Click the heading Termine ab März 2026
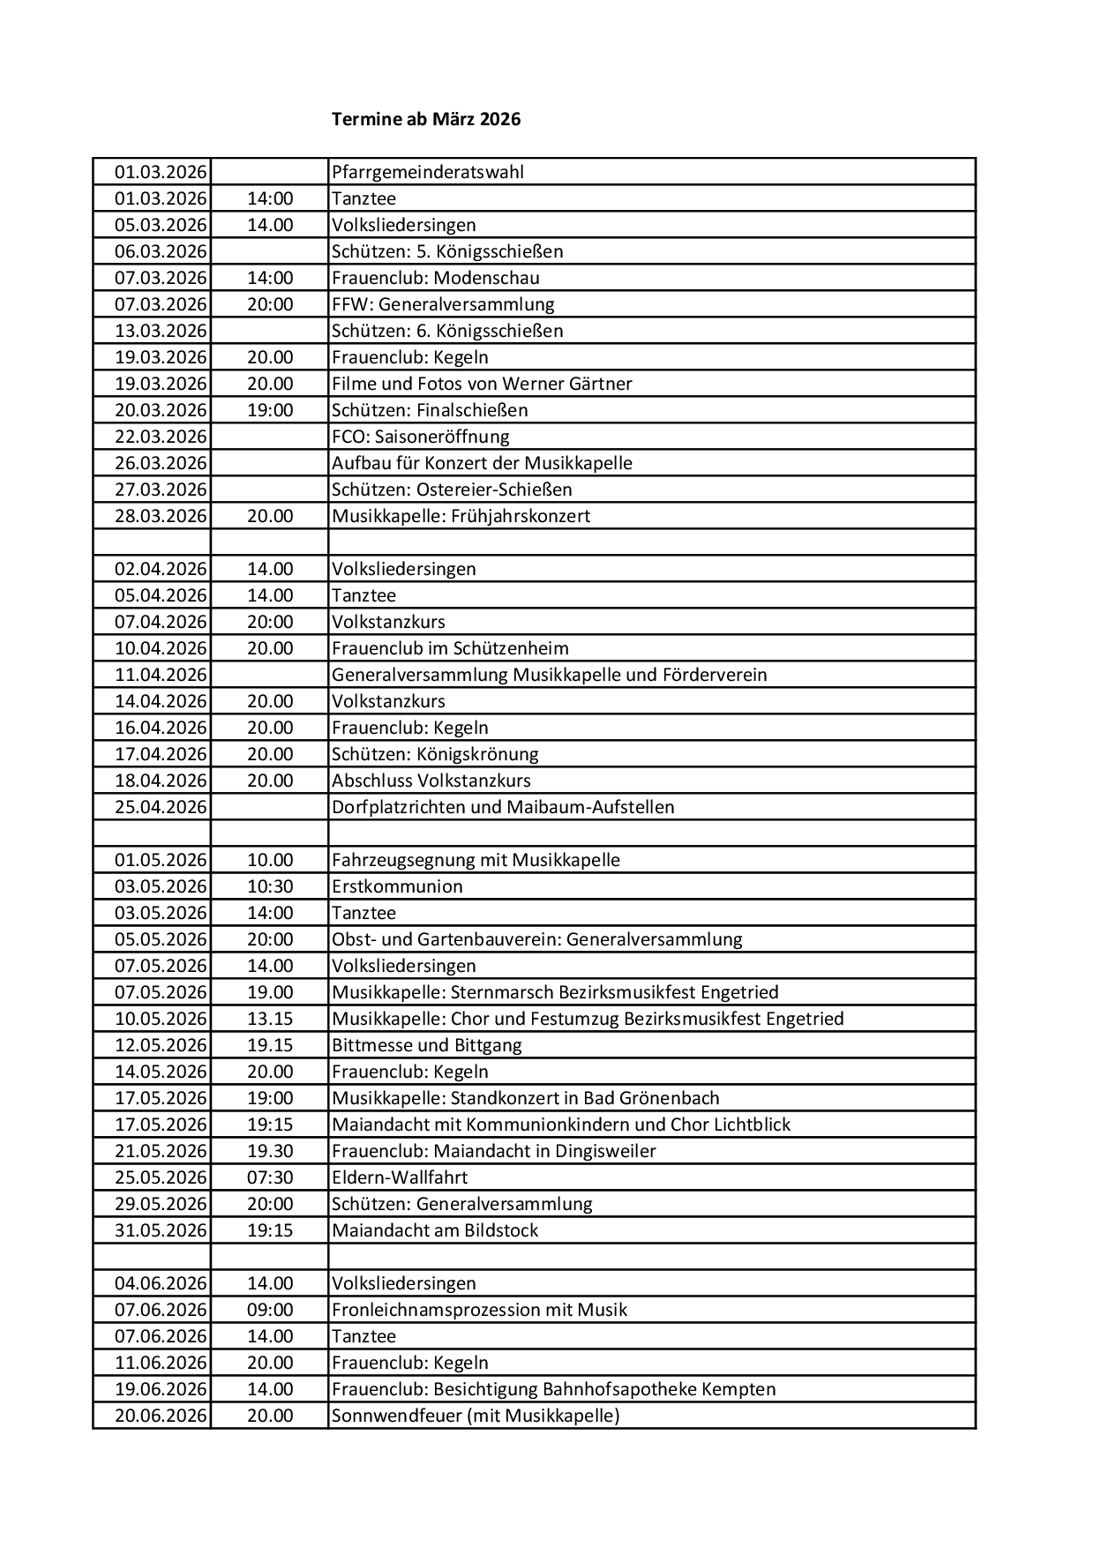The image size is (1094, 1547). tap(426, 119)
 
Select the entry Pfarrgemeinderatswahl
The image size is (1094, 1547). tap(428, 172)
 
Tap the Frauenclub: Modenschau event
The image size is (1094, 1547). tap(436, 278)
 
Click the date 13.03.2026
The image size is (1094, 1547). tap(161, 331)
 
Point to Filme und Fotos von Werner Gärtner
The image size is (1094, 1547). tap(482, 384)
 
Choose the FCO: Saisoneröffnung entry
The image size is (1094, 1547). tap(420, 437)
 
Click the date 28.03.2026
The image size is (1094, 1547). tap(161, 516)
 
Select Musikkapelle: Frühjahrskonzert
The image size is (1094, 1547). tap(461, 516)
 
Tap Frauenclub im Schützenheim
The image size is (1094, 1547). tap(450, 648)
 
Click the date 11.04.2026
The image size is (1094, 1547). tap(161, 675)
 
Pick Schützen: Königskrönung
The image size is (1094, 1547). tap(435, 754)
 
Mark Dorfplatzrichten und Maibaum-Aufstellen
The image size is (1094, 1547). tap(503, 807)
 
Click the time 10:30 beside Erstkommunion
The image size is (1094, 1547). tap(270, 886)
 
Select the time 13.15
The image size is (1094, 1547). tap(270, 1019)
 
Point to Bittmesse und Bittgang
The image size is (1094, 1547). tap(427, 1045)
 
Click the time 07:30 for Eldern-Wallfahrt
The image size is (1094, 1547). tap(270, 1177)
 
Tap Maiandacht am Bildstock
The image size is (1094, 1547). tap(435, 1230)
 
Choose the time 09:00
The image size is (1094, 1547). tap(270, 1310)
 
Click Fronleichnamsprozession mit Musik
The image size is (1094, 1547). tap(479, 1310)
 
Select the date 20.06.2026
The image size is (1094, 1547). tap(161, 1416)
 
